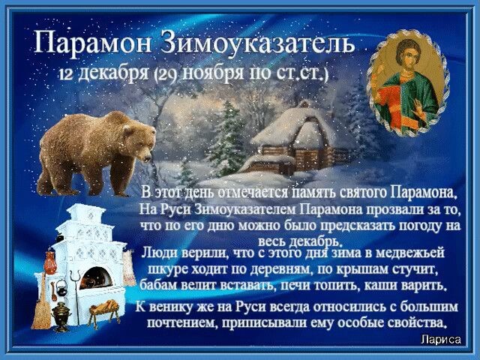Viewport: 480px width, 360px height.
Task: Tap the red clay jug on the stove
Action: [x=50, y=262]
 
